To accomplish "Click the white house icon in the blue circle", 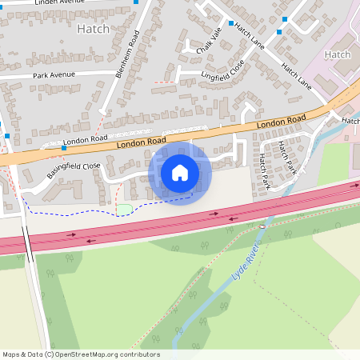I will [x=180, y=172].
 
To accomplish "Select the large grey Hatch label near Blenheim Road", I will [x=93, y=29].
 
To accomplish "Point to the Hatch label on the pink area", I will [x=338, y=54].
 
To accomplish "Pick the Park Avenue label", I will [x=53, y=75].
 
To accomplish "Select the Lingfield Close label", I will [x=223, y=70].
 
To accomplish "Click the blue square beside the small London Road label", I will [x=64, y=147].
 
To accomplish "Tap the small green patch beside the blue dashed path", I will [x=124, y=210].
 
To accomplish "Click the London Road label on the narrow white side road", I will [x=86, y=140].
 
